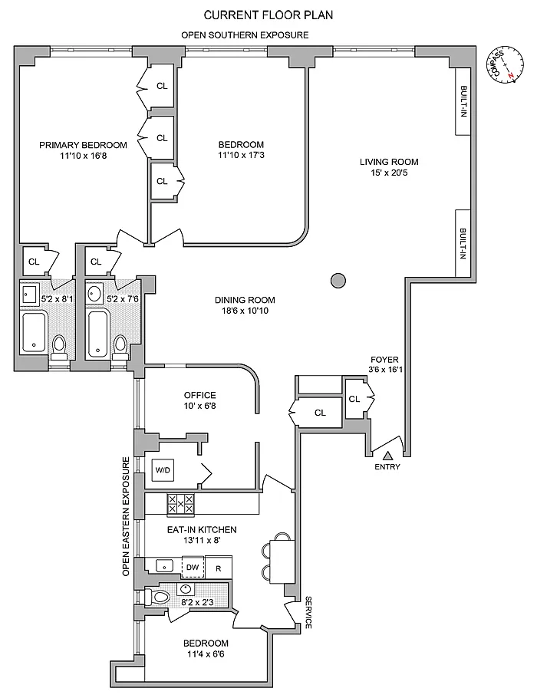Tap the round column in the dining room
(x=338, y=281)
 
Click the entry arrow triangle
(x=388, y=456)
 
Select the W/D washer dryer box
(x=163, y=470)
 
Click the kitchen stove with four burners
(x=181, y=505)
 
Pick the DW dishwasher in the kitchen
(x=193, y=567)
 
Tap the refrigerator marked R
(x=218, y=568)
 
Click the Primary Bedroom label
(x=84, y=145)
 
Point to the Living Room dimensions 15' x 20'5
(x=389, y=173)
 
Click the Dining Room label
(x=245, y=300)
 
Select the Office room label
(x=200, y=395)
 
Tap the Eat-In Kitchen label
(x=202, y=530)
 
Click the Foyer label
(x=384, y=359)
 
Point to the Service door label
(x=308, y=613)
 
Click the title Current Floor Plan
(x=268, y=15)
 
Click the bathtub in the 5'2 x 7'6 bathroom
(x=97, y=334)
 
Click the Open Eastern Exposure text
(x=126, y=516)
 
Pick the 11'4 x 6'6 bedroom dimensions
(x=206, y=654)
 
